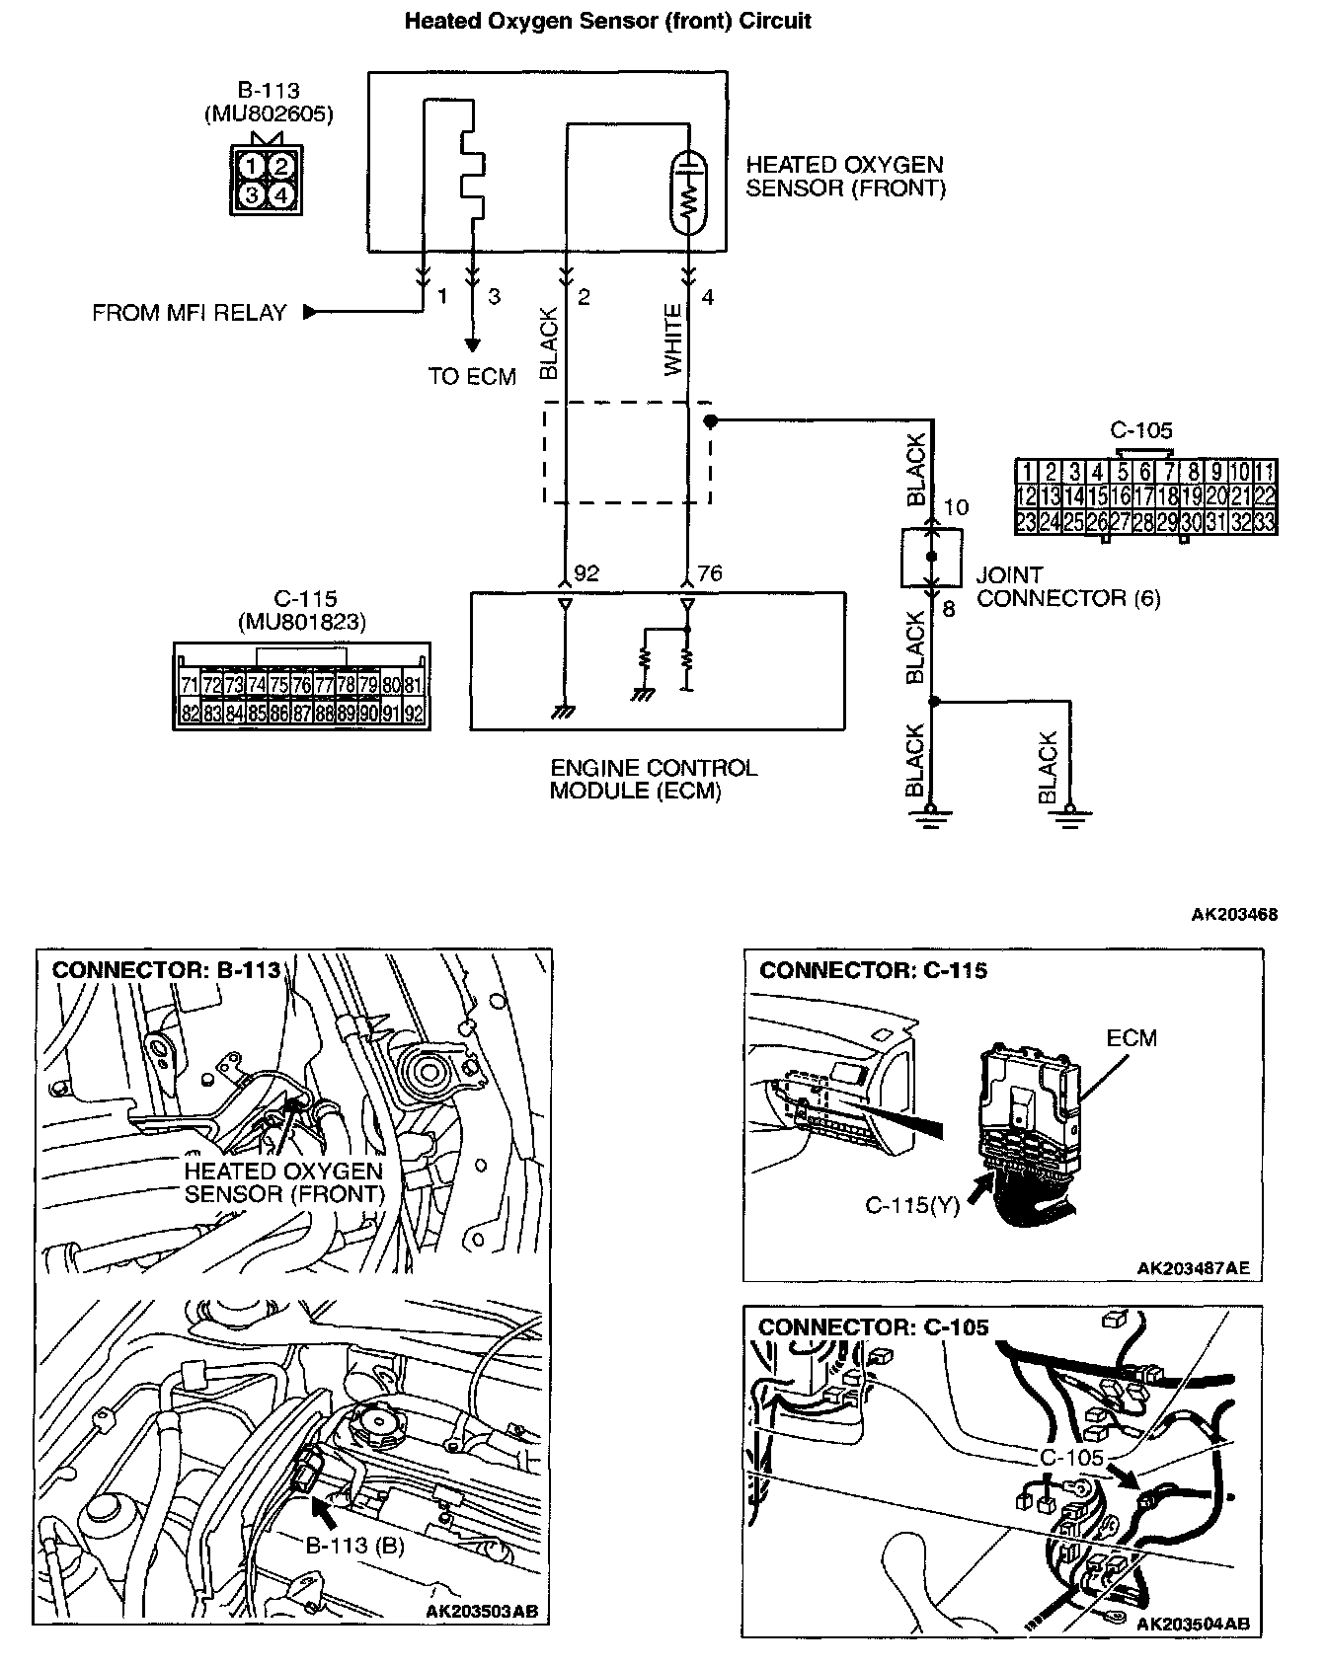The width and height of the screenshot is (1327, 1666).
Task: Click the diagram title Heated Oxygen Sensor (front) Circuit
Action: click(x=607, y=21)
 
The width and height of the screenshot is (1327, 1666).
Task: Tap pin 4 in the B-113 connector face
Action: click(x=281, y=195)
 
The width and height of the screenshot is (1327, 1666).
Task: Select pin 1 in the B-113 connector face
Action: click(x=254, y=166)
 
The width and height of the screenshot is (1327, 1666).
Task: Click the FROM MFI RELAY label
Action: click(x=189, y=313)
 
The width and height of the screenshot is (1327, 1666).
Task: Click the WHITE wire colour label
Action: click(x=673, y=340)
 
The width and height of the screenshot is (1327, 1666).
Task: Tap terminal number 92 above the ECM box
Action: click(x=586, y=573)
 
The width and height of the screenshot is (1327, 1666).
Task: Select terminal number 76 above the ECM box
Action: click(x=709, y=573)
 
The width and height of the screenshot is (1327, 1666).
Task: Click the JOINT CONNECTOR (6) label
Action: click(x=1068, y=586)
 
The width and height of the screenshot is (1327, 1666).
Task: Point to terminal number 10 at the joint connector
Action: click(x=956, y=507)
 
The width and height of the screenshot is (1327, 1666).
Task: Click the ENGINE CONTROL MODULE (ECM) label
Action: click(x=654, y=779)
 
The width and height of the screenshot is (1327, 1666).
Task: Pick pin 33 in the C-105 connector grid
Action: click(x=1265, y=523)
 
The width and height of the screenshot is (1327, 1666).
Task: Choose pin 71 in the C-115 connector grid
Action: click(x=190, y=684)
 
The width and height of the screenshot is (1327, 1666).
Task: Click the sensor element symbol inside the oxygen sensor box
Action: click(x=687, y=192)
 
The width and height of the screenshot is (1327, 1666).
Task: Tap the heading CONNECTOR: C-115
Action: click(x=873, y=970)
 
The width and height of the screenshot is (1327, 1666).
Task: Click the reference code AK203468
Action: click(x=1234, y=914)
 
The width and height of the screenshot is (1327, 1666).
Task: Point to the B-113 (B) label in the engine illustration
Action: click(x=354, y=1546)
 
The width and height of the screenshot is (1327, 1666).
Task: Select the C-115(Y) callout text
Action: click(x=911, y=1205)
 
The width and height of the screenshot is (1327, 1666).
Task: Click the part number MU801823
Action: click(x=301, y=622)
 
